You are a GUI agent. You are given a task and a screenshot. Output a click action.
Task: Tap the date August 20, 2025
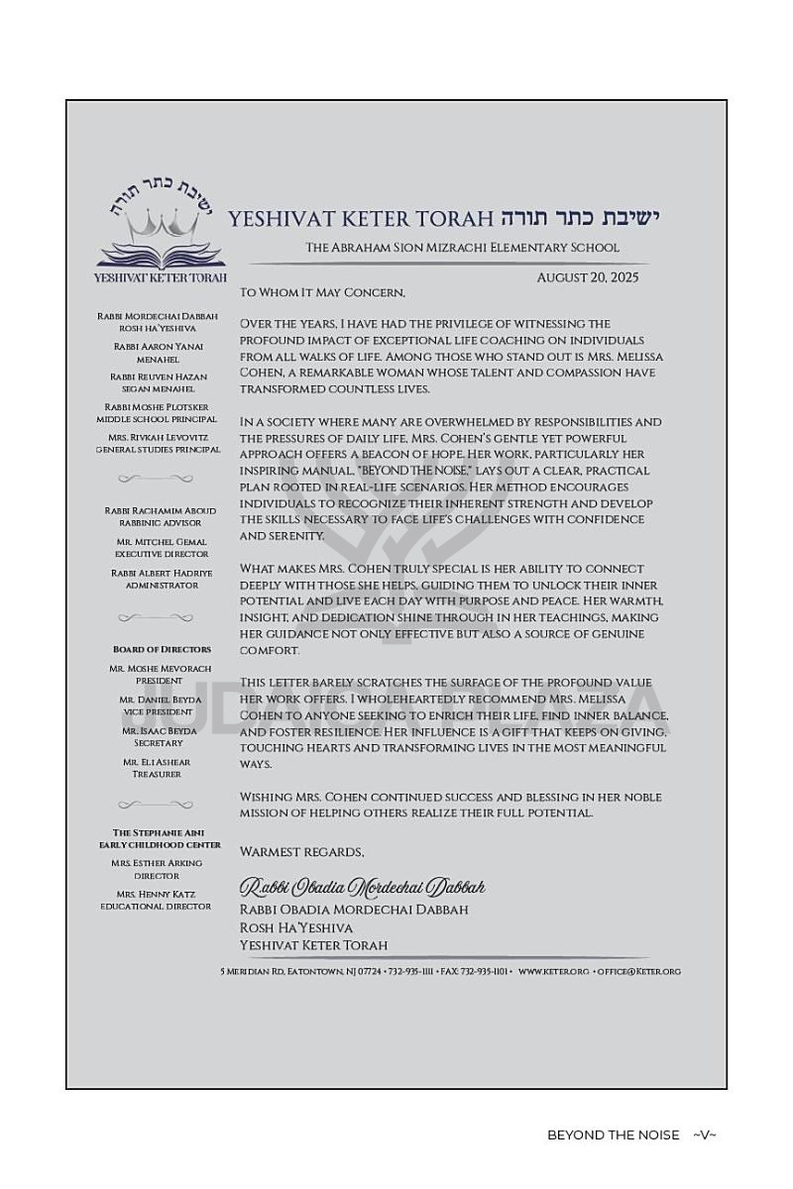click(587, 277)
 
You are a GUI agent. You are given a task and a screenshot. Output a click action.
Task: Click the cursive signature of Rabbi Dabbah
click(362, 886)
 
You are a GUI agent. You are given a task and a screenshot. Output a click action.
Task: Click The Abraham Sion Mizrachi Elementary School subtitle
click(462, 248)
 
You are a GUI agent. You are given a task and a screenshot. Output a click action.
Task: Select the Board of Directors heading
click(162, 649)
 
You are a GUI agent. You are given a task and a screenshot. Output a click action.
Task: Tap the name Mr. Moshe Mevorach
click(160, 669)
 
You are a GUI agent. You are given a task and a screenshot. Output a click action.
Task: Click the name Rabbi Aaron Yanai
click(159, 347)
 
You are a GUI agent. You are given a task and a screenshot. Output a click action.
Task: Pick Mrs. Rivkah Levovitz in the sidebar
click(159, 437)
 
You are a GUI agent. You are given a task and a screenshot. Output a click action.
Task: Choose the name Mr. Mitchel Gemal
click(162, 542)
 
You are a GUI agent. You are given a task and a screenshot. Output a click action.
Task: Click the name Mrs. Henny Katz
click(156, 894)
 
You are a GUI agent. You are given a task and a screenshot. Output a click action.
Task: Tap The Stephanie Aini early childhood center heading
click(160, 838)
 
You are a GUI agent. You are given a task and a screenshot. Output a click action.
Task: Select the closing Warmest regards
click(301, 852)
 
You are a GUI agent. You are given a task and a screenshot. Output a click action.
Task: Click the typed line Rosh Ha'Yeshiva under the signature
click(295, 927)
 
